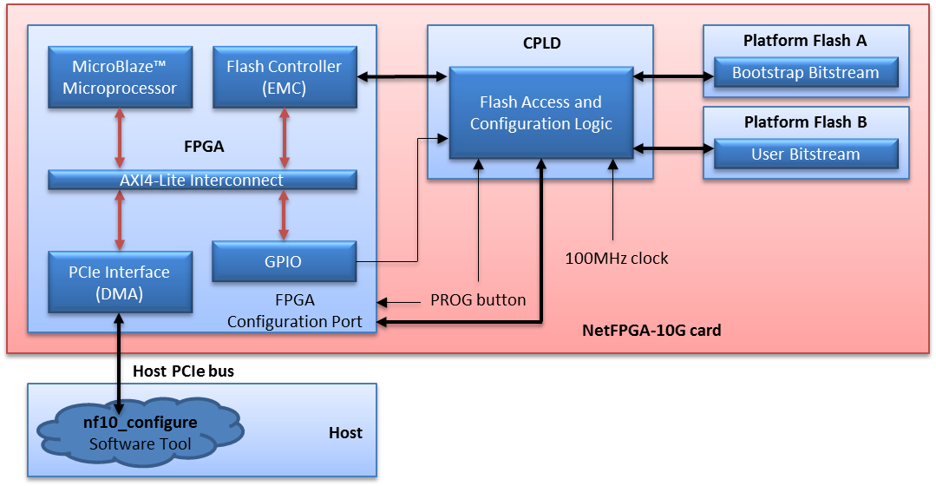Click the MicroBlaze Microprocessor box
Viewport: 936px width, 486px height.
[x=120, y=77]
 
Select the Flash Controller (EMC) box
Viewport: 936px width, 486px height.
[x=284, y=77]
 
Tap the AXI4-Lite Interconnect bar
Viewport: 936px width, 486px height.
[x=202, y=181]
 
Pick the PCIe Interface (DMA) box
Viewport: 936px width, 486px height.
[x=120, y=283]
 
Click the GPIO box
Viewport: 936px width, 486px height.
[x=284, y=261]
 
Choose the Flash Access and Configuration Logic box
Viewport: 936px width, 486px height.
[x=541, y=113]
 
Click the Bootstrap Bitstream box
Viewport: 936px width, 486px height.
[x=805, y=73]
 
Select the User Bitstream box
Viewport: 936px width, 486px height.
[x=805, y=154]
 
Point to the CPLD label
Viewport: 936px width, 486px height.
[x=541, y=43]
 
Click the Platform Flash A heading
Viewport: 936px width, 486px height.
[x=805, y=41]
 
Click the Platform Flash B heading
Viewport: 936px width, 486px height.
[x=805, y=122]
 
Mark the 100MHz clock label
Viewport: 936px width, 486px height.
[x=617, y=258]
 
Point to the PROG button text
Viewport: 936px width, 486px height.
[x=478, y=300]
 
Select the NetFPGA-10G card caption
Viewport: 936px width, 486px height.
[x=651, y=331]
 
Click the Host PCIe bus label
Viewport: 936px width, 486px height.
[x=183, y=371]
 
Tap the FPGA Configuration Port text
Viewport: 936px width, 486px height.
[x=295, y=311]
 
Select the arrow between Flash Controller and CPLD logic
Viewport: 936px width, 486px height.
[x=403, y=77]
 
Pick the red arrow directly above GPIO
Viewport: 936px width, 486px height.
[x=284, y=215]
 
